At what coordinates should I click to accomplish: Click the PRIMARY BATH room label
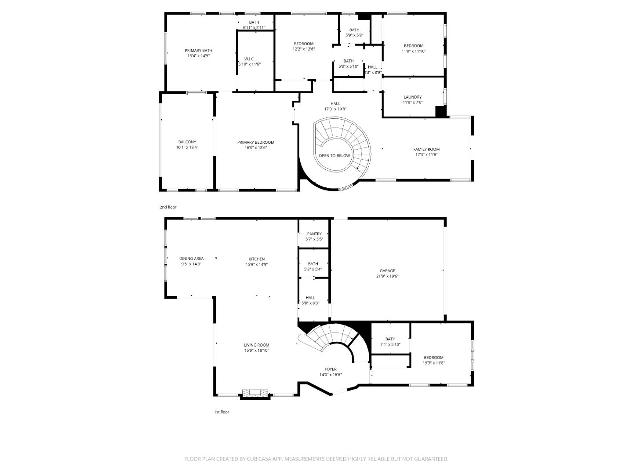[198, 51]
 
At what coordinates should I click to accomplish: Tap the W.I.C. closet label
[249, 59]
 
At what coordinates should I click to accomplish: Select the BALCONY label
[187, 142]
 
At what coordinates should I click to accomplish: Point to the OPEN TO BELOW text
[335, 156]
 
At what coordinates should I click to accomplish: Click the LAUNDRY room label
[412, 97]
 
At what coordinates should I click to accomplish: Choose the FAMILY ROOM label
[426, 150]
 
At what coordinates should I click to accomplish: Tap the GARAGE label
[387, 271]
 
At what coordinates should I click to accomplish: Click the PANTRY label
[314, 234]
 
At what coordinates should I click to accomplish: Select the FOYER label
[331, 369]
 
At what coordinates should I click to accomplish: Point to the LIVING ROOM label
[257, 345]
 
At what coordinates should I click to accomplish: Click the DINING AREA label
[191, 259]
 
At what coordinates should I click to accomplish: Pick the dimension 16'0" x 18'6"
[256, 148]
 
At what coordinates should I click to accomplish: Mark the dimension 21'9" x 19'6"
[387, 277]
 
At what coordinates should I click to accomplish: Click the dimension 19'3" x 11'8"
[433, 363]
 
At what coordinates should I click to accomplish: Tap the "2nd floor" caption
[168, 207]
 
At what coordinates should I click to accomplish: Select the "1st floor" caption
[222, 412]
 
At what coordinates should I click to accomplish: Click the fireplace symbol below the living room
[255, 393]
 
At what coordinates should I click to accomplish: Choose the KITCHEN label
[257, 259]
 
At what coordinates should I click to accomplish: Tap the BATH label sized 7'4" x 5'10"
[390, 339]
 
